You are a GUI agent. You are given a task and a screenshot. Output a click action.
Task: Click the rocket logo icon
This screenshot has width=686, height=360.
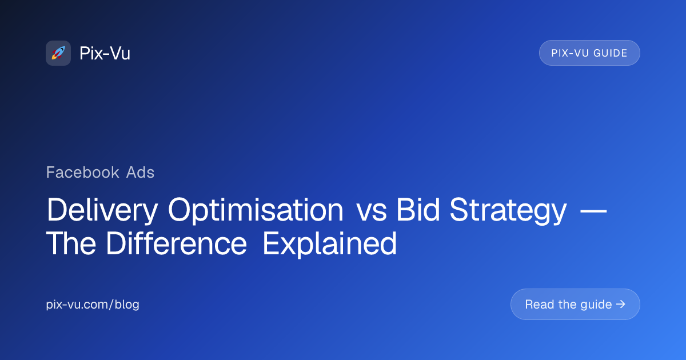(58, 53)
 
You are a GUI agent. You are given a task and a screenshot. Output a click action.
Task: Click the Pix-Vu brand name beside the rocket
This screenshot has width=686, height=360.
(105, 53)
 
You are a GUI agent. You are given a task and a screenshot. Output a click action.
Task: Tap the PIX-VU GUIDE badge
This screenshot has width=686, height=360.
(589, 53)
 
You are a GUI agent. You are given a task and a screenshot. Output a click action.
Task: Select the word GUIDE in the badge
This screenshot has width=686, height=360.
(611, 53)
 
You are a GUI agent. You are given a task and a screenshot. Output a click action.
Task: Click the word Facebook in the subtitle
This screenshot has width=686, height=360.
(82, 172)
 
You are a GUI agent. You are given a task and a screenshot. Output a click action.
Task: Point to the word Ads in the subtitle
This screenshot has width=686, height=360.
(140, 172)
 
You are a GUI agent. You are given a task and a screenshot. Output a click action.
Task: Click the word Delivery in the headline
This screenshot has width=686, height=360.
(102, 211)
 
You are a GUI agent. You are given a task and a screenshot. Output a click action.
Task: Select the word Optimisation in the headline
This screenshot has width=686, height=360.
(256, 211)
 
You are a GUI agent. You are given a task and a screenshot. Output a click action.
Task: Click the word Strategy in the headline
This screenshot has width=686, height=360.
(508, 211)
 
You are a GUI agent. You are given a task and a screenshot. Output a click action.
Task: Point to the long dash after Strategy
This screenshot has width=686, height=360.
(593, 211)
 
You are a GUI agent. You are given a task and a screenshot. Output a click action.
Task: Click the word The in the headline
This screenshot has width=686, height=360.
(71, 243)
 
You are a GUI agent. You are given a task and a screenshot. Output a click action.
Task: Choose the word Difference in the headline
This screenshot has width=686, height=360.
(177, 243)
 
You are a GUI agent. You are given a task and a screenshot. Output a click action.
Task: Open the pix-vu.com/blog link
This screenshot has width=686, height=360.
(93, 304)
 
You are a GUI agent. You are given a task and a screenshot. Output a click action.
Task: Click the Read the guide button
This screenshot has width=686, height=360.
(575, 304)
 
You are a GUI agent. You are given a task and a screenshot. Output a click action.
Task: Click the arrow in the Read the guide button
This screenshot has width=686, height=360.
(621, 304)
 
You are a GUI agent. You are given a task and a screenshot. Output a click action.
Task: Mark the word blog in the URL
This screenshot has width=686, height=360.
(127, 304)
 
